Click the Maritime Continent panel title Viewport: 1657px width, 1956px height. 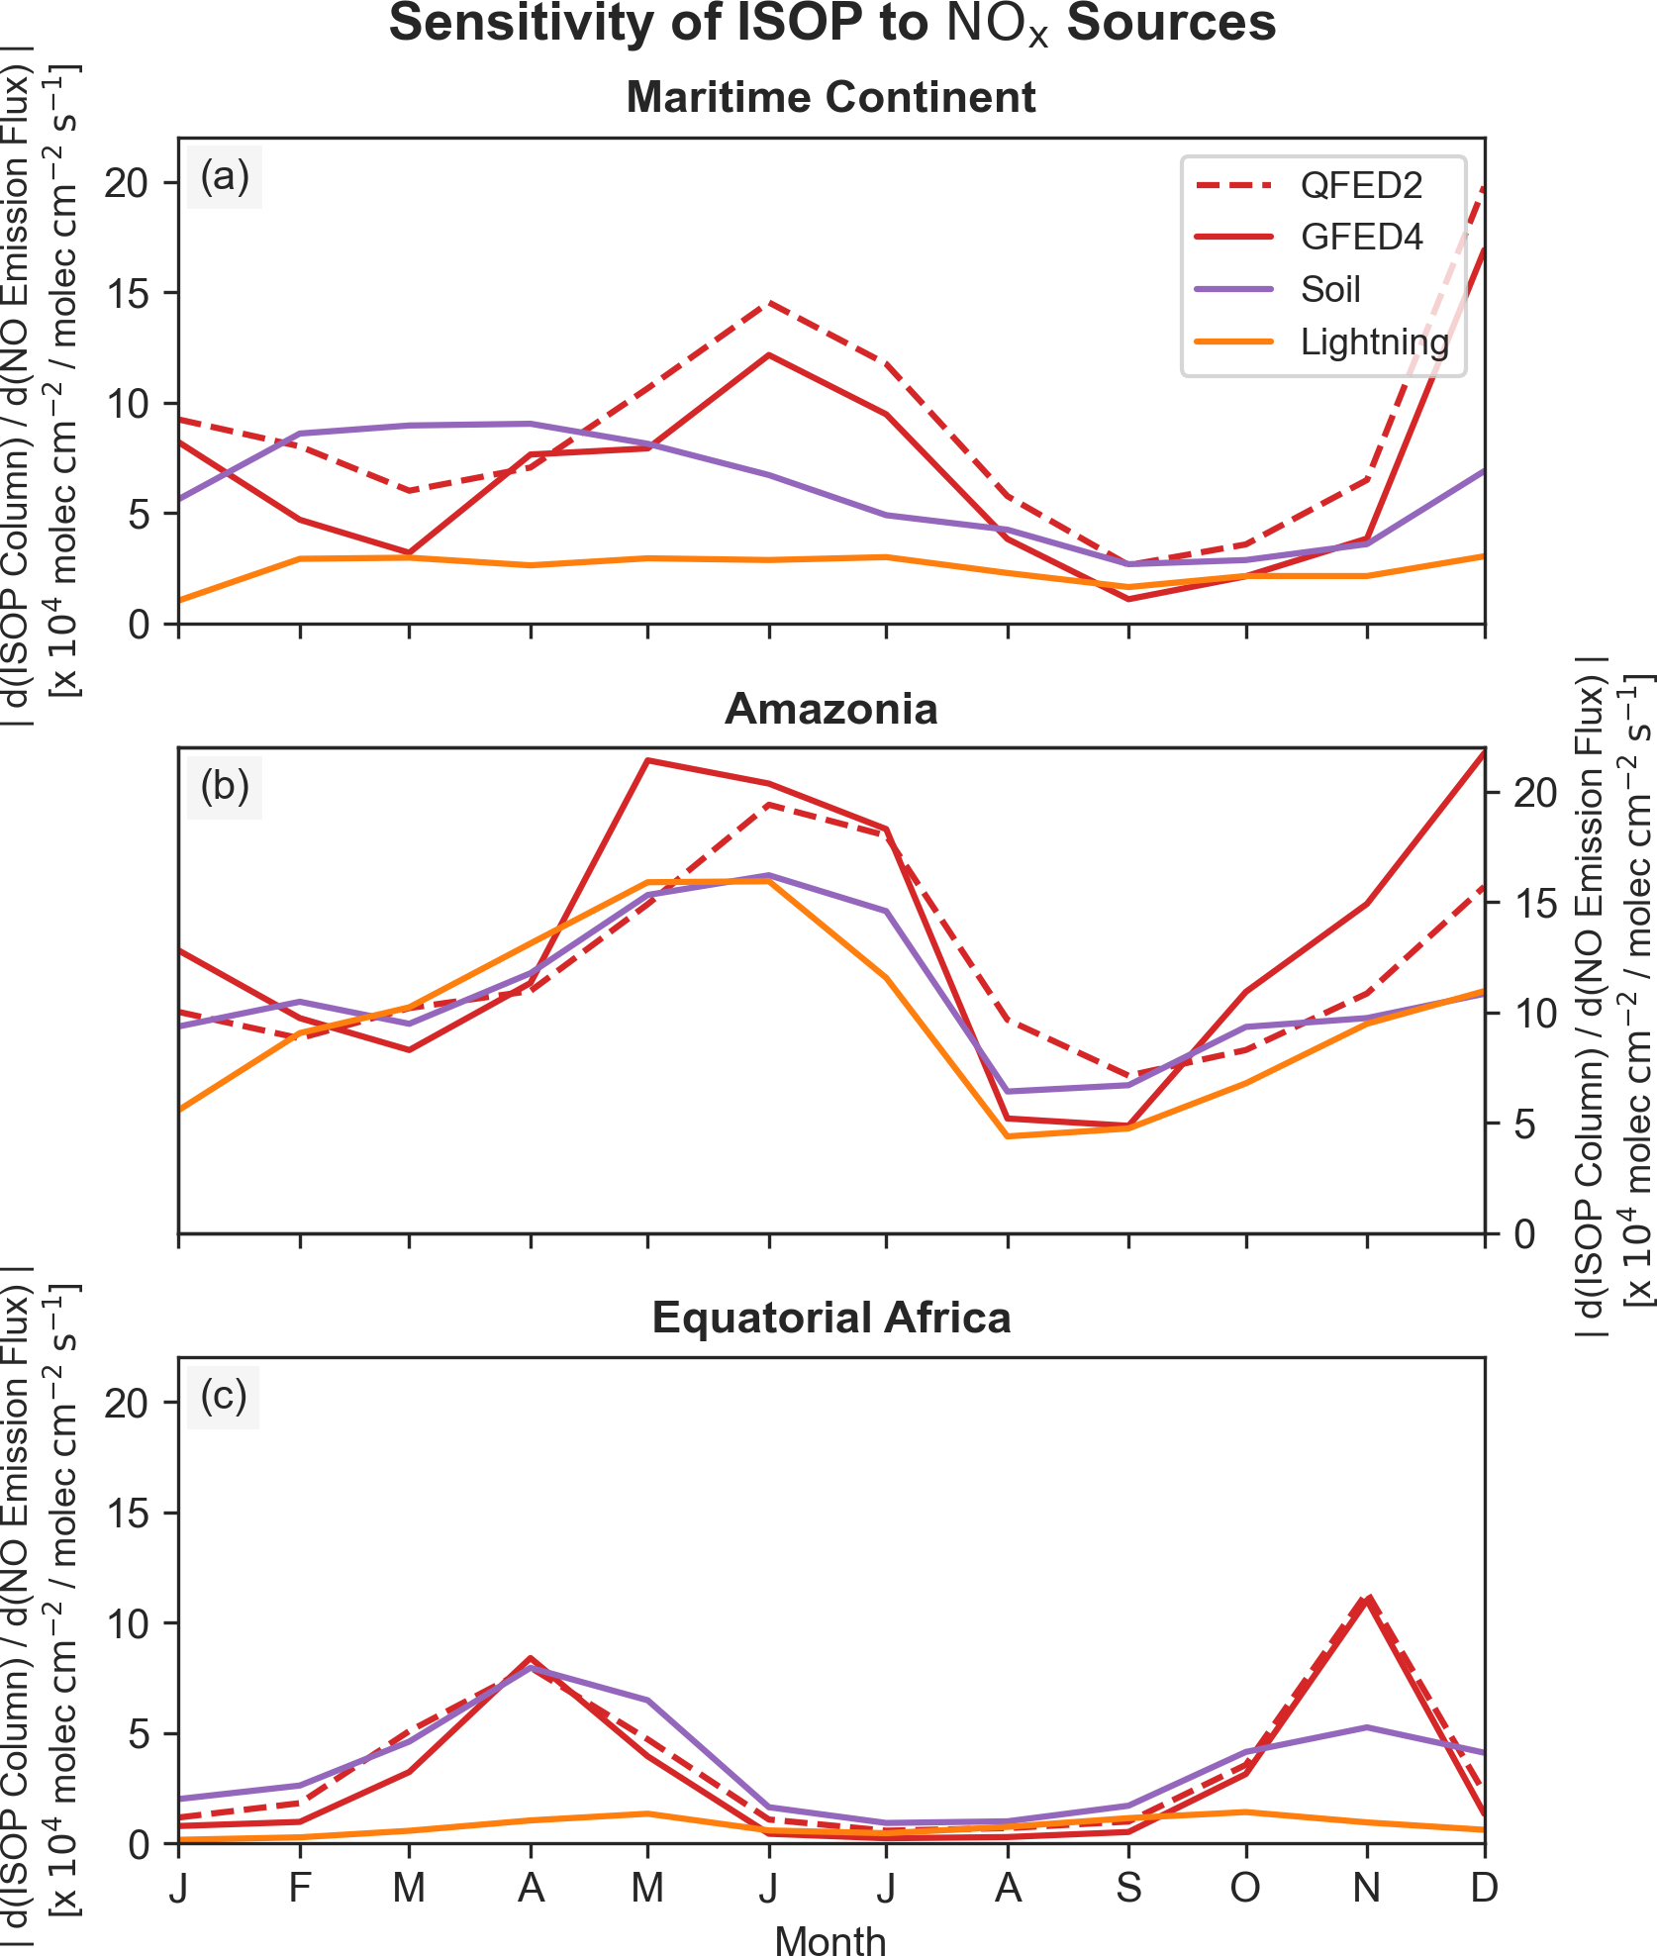coord(830,97)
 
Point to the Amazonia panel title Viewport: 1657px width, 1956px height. coord(830,709)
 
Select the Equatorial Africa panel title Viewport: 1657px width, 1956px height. coord(830,1319)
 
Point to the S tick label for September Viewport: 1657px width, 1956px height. coord(1128,1889)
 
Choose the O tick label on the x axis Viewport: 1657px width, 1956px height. coord(1245,1889)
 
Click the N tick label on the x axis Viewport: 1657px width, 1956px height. coord(1366,1889)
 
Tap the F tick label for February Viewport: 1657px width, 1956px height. coord(300,1889)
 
